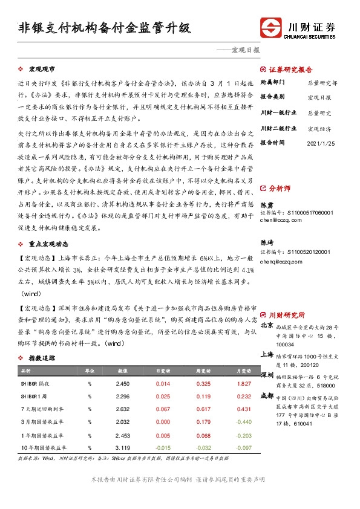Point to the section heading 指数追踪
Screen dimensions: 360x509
tap(42, 358)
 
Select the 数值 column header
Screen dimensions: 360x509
tap(123, 370)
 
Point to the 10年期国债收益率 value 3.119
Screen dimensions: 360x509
tap(123, 447)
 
